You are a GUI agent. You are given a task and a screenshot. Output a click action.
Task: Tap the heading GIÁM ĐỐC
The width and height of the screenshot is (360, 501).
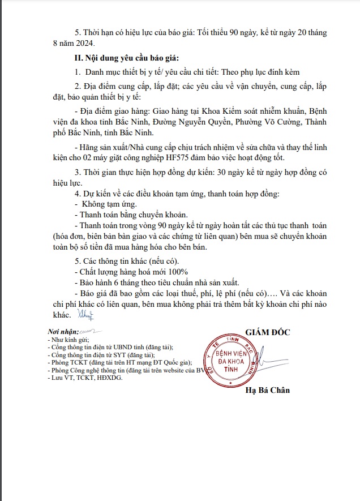(268, 332)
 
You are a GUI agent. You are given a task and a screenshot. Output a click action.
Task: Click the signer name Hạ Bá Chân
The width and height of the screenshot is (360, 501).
(268, 391)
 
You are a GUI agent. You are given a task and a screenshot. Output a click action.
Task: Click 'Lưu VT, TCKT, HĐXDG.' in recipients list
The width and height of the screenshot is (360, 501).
(85, 378)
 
